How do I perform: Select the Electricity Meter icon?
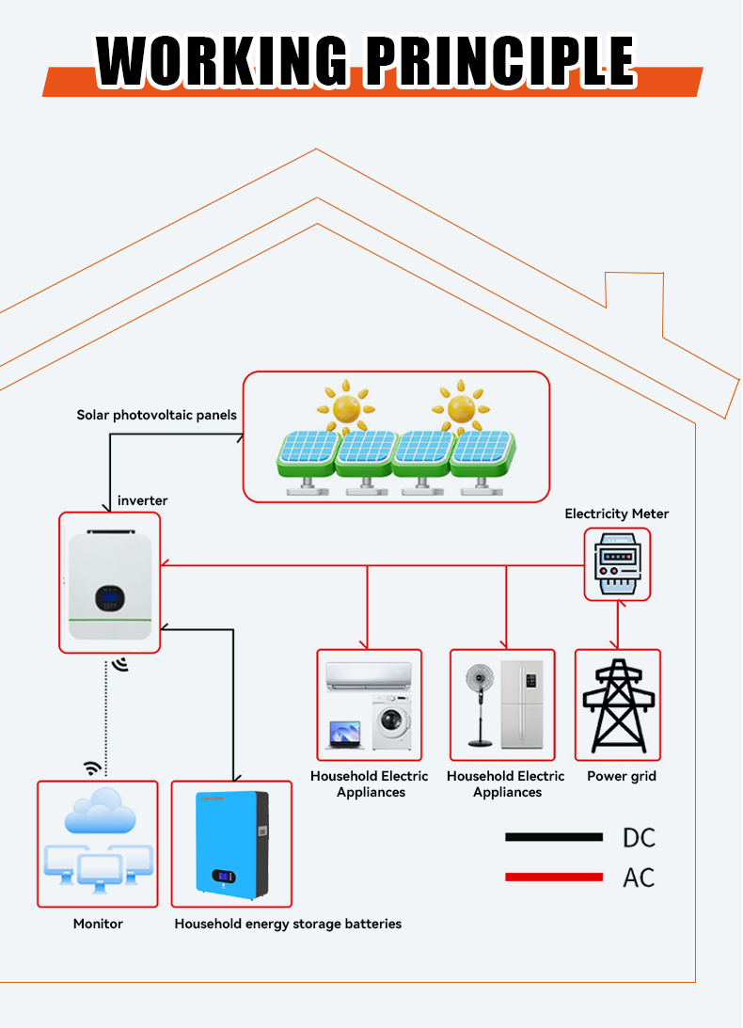pos(617,564)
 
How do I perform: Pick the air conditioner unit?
pos(368,674)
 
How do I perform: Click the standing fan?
pos(482,703)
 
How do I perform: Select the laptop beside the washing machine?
pos(345,735)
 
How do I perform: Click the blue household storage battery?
pos(231,842)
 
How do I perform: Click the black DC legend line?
pos(553,837)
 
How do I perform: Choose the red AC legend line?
pos(553,877)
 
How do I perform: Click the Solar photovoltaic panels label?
pos(156,415)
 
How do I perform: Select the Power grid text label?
pos(621,777)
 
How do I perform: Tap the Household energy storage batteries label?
pos(288,924)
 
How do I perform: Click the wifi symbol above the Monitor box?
pos(92,768)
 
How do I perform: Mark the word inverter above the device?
pos(142,501)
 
